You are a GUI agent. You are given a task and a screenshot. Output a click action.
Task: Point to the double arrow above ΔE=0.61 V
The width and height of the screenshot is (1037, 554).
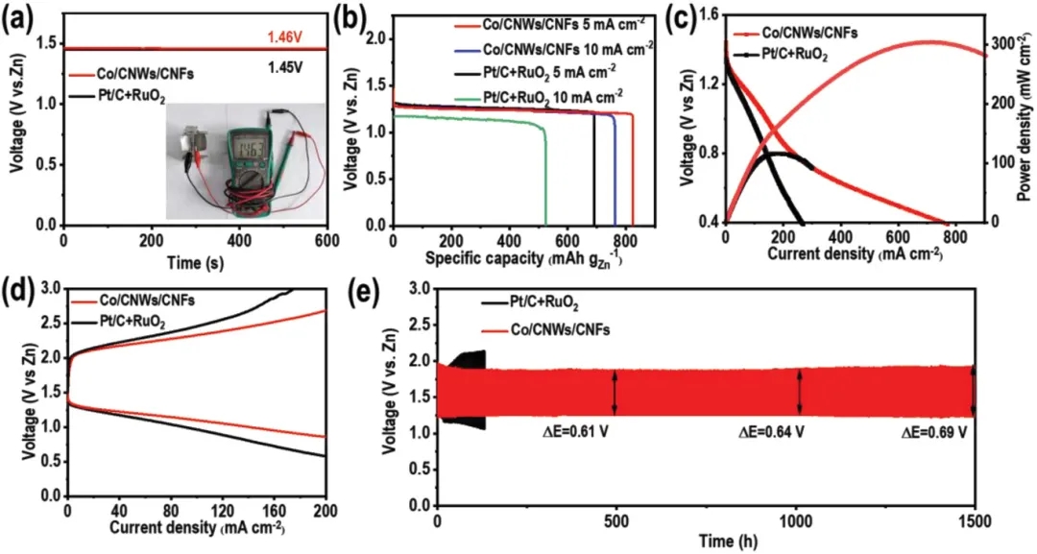point(615,392)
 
